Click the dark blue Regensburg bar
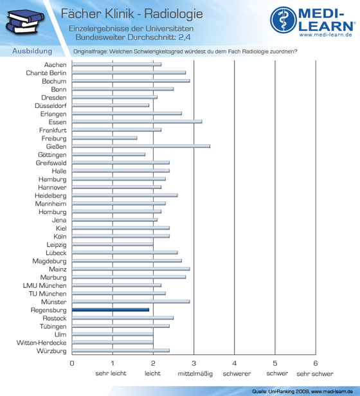111,310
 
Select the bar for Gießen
141,146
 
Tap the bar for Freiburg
105,138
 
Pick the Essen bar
137,122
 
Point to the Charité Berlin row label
46,73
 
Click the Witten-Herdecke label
42,343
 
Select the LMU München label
45,285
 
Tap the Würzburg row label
51,351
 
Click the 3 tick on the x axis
194,363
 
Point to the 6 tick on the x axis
316,363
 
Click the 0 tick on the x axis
72,363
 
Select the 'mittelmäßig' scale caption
195,373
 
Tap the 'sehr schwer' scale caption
315,373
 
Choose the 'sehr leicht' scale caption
111,373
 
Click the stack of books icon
24,21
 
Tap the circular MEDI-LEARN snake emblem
283,20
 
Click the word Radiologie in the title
174,14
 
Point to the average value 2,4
184,37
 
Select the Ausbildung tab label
32,51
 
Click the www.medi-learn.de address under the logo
326,35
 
